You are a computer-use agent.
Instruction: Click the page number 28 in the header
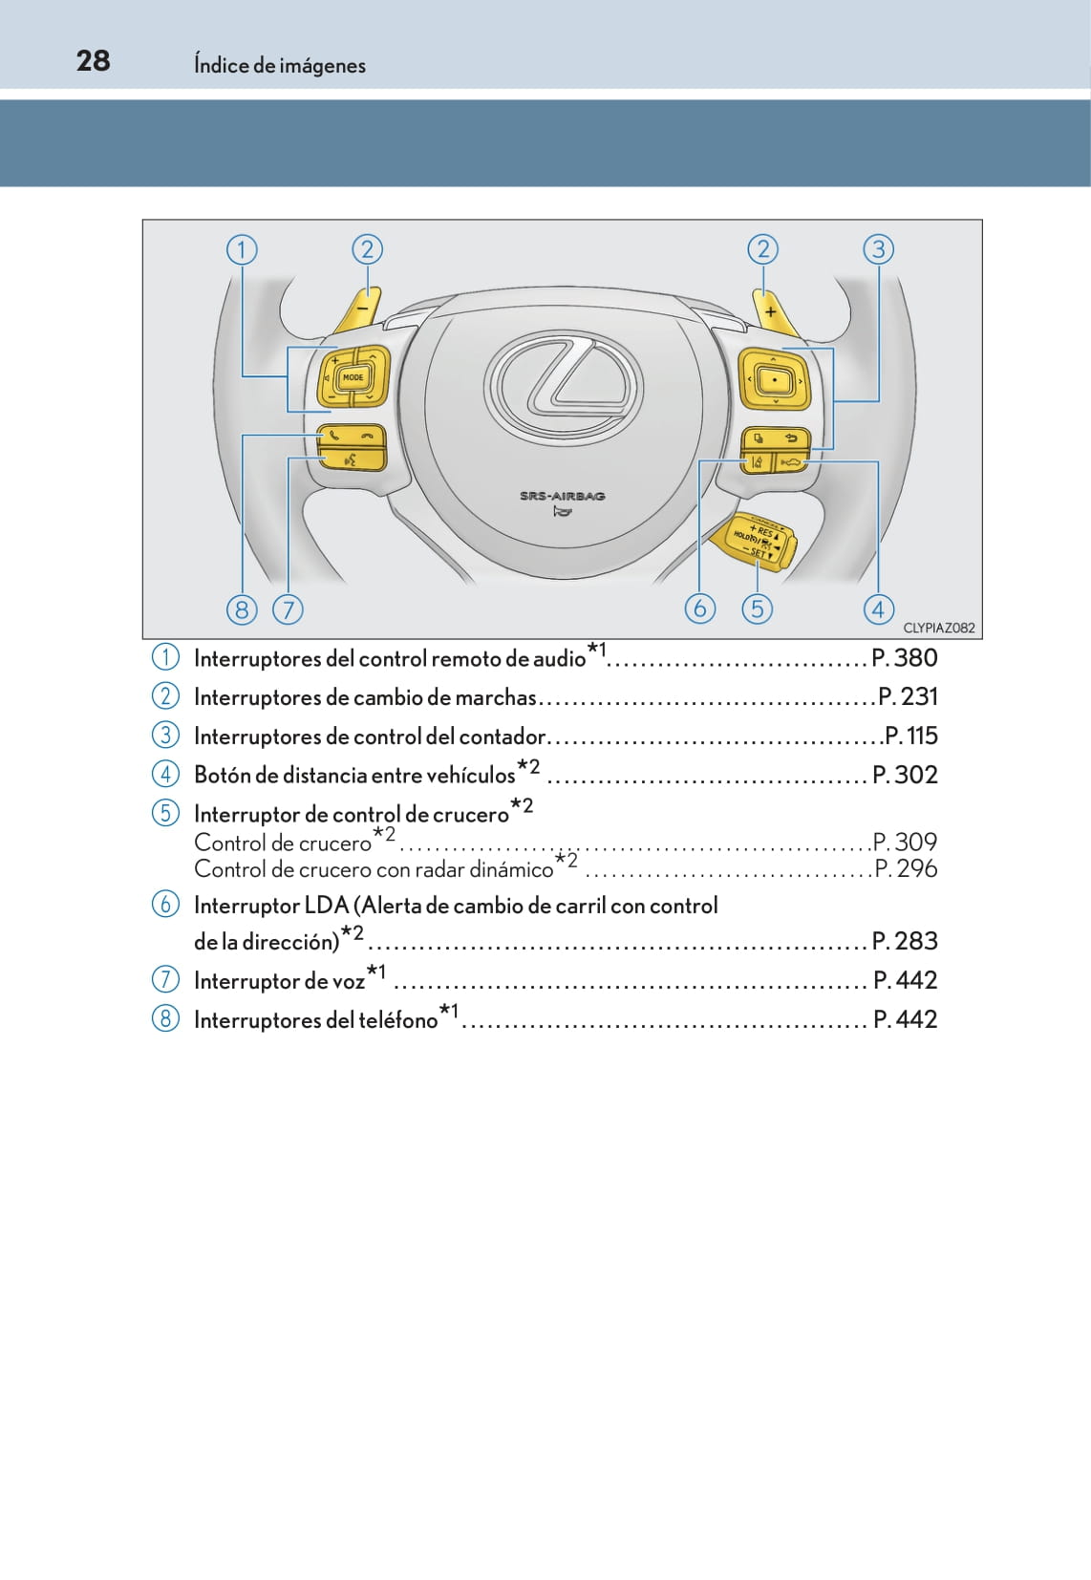93,61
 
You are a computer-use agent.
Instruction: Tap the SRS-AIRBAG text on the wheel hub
562,496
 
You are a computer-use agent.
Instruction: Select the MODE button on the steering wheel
353,377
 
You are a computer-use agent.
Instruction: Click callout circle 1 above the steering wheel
242,250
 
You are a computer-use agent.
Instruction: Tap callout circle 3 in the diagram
878,250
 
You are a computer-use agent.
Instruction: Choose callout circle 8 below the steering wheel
242,609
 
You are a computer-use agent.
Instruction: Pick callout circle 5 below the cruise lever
757,609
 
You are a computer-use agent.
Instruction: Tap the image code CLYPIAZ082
938,628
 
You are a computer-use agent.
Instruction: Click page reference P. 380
904,658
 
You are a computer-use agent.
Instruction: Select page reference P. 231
907,697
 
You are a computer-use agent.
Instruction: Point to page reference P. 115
910,737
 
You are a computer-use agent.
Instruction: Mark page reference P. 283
904,942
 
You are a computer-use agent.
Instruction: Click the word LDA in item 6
326,906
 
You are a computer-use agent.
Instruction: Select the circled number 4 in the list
165,774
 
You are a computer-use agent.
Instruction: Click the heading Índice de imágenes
279,65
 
